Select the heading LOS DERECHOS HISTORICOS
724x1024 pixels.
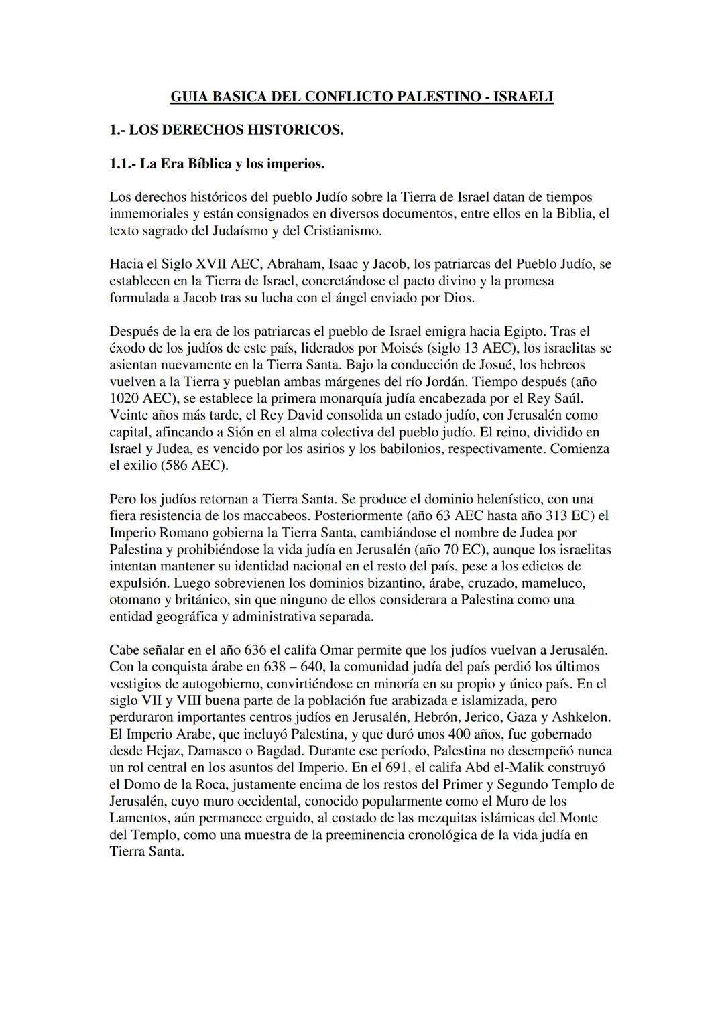(x=236, y=130)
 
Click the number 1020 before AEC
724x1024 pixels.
(x=125, y=399)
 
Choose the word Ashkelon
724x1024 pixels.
(x=581, y=717)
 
